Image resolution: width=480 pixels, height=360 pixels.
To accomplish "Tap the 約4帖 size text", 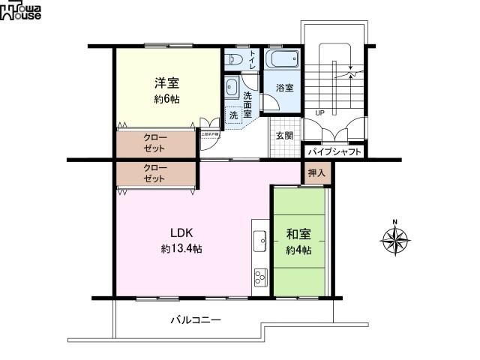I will (298, 250).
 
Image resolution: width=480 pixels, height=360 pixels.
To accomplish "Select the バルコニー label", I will (195, 320).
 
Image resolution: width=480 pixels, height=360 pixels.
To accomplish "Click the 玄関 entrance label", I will (283, 136).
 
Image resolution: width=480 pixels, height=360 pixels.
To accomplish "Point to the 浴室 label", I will (284, 88).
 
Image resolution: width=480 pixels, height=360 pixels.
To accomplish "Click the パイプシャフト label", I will (335, 152).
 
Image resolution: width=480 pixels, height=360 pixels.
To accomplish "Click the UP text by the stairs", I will (319, 113).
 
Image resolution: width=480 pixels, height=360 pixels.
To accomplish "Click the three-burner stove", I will (261, 277).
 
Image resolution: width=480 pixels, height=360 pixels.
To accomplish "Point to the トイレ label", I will (253, 58).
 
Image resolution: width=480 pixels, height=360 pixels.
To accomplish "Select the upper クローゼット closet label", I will (156, 142).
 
